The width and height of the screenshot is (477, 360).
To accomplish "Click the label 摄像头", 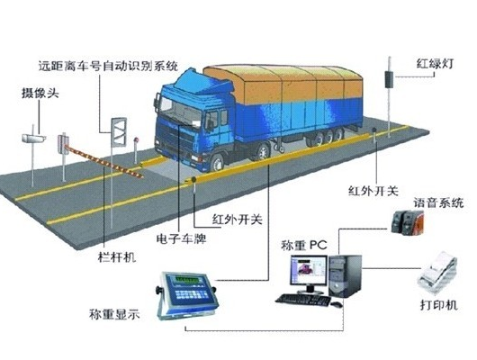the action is [40, 93].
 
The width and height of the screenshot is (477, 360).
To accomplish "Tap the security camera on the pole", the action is [34, 138].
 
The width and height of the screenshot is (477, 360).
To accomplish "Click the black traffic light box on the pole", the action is [389, 79].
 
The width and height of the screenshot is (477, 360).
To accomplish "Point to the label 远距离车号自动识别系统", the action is [108, 66].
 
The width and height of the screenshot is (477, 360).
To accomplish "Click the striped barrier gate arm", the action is [104, 161].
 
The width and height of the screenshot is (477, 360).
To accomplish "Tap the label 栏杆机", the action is [117, 257].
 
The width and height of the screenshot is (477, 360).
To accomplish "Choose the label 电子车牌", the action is [181, 238].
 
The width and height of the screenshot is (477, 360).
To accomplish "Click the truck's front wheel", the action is [217, 164].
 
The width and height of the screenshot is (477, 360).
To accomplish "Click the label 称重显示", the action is [114, 314].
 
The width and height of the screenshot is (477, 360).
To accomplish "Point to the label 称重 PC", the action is [304, 245].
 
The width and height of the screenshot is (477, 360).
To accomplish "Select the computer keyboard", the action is [303, 300].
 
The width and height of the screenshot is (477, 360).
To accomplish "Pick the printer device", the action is [437, 273].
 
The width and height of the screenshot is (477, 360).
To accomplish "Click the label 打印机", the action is [439, 304].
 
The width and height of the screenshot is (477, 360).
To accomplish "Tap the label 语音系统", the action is [438, 202].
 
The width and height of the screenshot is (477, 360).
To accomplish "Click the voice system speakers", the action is [408, 223].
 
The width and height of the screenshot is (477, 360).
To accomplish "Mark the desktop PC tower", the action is [345, 276].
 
